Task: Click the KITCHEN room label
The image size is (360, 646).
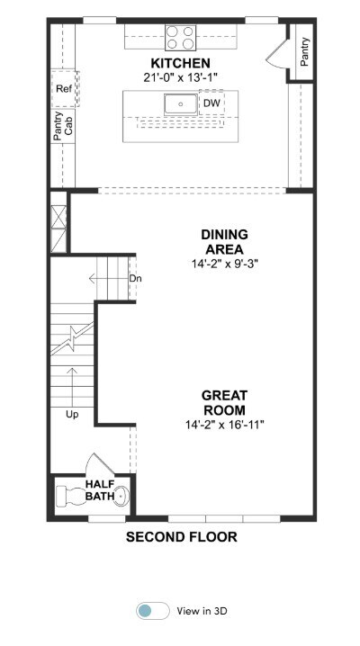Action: pos(180,64)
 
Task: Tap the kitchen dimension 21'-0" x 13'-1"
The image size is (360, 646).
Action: pos(180,77)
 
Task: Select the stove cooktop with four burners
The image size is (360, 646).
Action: pos(180,38)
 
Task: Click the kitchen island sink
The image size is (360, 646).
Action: pos(180,104)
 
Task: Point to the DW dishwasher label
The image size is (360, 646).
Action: pos(211,103)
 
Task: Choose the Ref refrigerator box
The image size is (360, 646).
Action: pos(64,88)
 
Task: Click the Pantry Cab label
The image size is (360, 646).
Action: pos(63,127)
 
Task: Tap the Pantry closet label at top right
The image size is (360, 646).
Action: pos(304,52)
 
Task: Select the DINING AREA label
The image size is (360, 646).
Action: pos(224,242)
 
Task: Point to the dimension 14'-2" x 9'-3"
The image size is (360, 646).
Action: pos(224,265)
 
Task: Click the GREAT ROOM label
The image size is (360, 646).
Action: pos(224,403)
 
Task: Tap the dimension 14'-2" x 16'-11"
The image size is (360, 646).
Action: pos(224,425)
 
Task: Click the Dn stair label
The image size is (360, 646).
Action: pos(136,279)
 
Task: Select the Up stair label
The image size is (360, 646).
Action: pos(72,415)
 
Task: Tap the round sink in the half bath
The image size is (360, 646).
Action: pos(121,496)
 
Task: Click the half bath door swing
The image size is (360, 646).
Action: pos(101,463)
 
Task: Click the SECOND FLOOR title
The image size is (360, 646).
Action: pos(181,537)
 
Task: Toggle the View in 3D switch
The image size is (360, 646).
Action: pos(153,611)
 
